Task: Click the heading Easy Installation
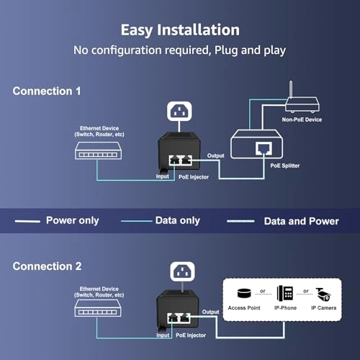(x=180, y=30)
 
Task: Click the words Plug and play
(x=248, y=50)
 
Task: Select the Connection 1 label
(x=48, y=91)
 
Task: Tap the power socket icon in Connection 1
(x=180, y=112)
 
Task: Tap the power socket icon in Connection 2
(x=181, y=273)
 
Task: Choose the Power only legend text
(x=72, y=220)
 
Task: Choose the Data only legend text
(x=178, y=220)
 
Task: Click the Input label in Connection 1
(x=163, y=175)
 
